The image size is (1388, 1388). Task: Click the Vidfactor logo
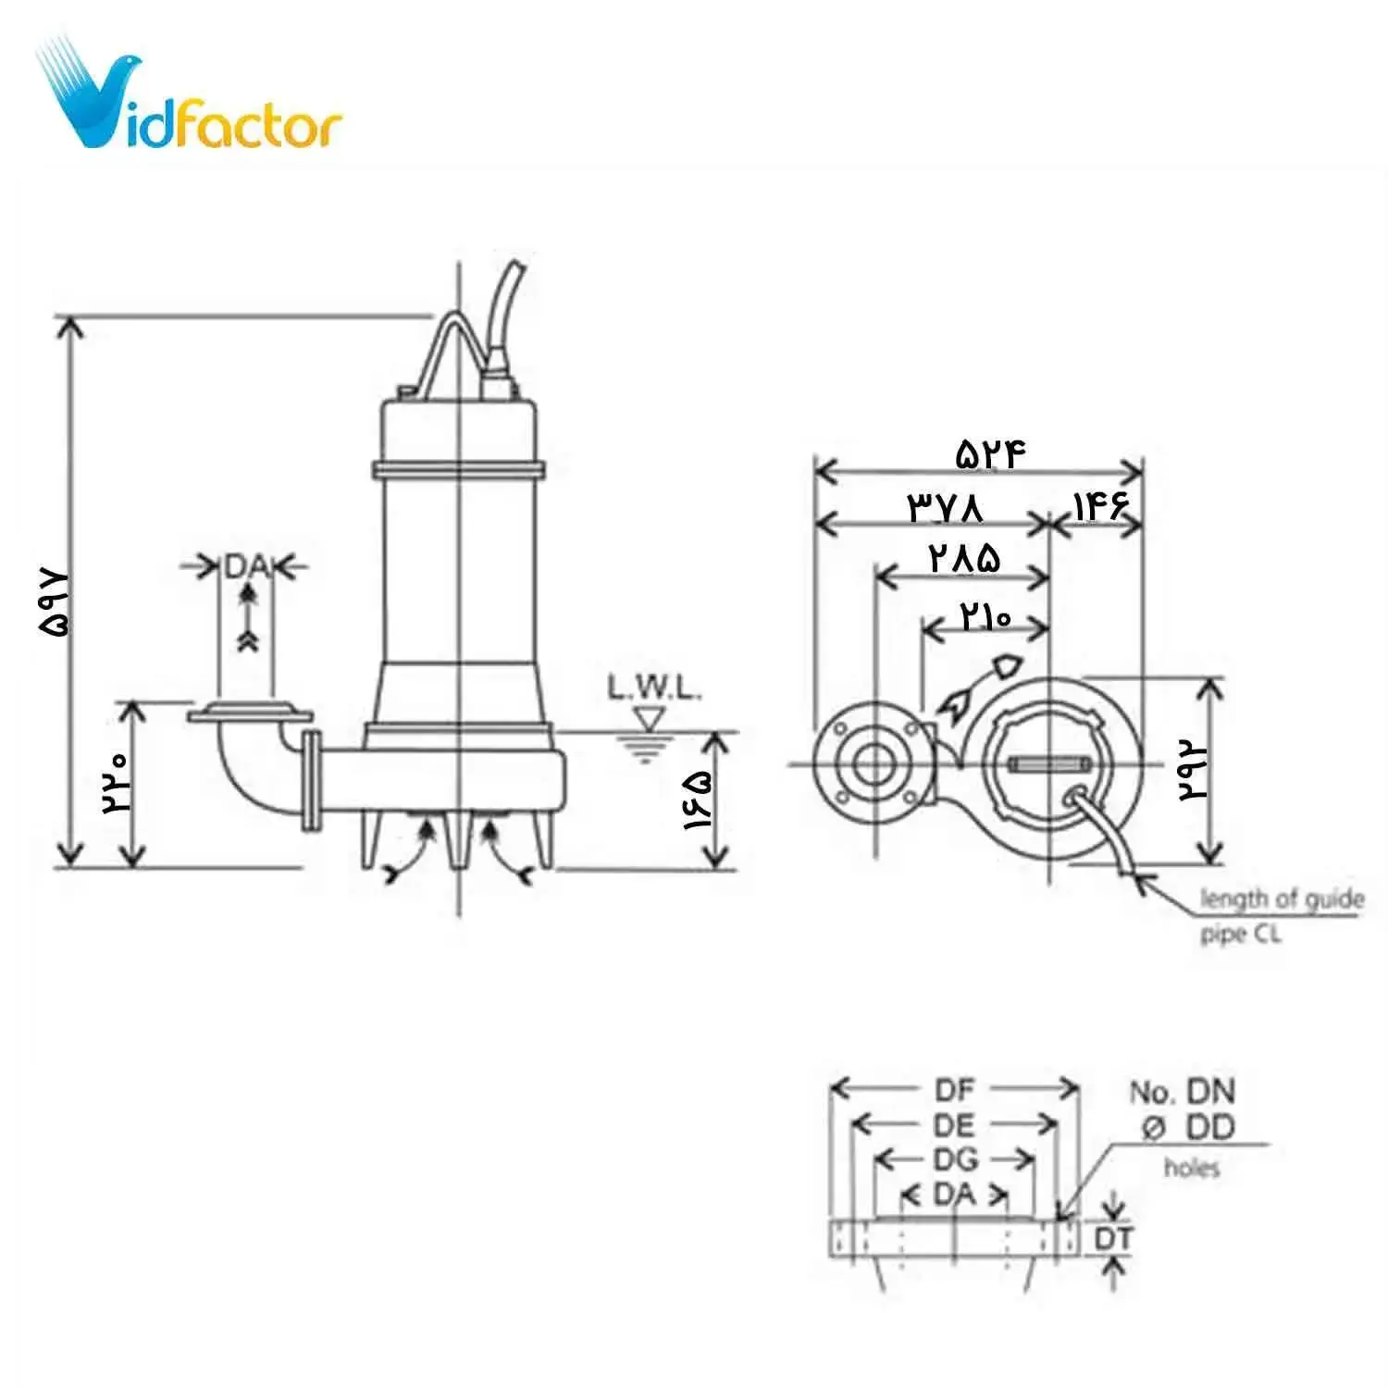point(190,102)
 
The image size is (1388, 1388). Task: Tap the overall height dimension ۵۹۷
point(55,601)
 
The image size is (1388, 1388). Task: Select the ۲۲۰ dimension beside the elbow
point(117,781)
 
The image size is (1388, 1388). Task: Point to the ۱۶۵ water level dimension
point(698,799)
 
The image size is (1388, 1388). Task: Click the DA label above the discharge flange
point(244,566)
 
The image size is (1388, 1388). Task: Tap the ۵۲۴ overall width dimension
point(991,453)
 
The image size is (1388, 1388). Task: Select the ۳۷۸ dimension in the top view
point(945,507)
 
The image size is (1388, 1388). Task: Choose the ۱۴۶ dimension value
point(1100,505)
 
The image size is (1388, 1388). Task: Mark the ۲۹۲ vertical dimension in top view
point(1193,770)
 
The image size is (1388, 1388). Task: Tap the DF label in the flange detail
point(955,1089)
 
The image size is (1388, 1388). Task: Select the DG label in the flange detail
point(955,1159)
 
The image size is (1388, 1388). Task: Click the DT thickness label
point(1113,1238)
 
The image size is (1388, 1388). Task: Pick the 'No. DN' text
point(1182,1092)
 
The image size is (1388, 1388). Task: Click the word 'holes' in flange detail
point(1191,1168)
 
